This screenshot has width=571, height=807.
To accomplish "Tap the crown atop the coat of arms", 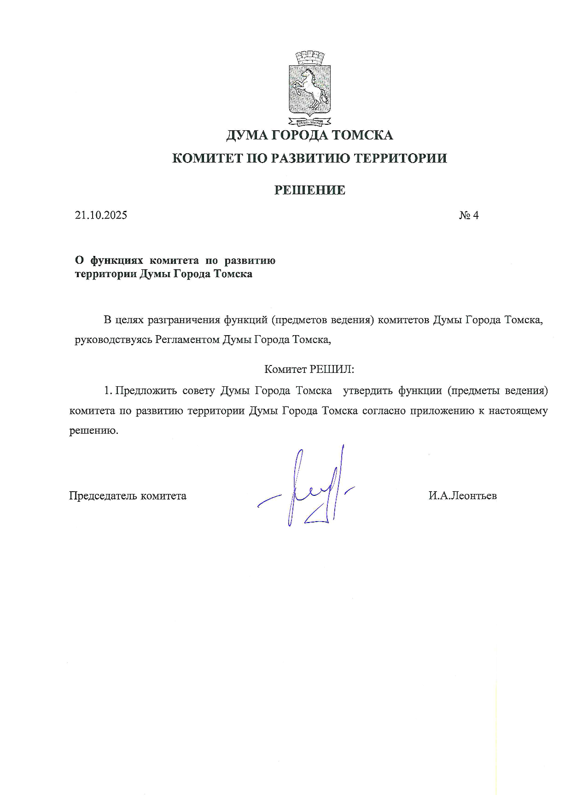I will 310,58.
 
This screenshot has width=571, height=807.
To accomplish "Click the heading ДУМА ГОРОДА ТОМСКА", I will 309,135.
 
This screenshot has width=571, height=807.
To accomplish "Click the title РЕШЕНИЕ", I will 309,190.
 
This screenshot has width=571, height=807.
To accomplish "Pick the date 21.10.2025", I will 101,215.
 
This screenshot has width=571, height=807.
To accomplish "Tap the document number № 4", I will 469,215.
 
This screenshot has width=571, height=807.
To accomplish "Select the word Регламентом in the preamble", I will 188,340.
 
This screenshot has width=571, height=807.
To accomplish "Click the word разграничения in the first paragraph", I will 184,319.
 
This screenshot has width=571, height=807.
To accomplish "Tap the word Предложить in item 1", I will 146,391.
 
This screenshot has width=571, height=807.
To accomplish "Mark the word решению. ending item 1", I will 93,431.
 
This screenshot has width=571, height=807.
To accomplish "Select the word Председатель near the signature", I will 103,496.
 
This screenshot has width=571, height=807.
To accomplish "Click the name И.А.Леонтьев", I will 462,496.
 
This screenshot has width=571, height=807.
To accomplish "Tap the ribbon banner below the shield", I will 310,122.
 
